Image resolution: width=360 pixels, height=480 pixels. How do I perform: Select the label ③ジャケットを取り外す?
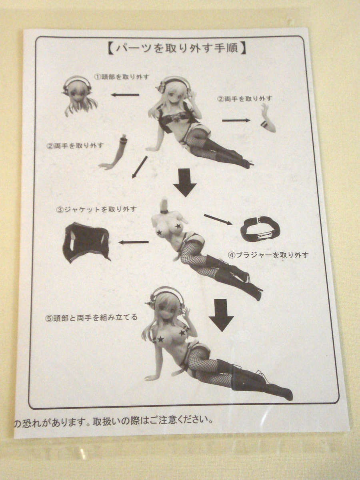(96, 209)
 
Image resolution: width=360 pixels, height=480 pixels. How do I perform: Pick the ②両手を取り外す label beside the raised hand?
(244, 99)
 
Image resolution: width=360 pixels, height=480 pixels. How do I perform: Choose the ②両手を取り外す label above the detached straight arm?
(75, 146)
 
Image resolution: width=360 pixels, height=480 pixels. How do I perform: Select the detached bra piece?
(260, 229)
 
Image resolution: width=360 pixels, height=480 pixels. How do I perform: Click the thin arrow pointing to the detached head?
(125, 95)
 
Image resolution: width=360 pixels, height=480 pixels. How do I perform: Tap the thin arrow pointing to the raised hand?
(236, 120)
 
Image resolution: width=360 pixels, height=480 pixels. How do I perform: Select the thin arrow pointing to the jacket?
(134, 242)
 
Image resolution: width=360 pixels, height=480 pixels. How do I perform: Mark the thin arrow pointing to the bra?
(218, 220)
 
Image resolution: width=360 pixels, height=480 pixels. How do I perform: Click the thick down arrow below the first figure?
(185, 182)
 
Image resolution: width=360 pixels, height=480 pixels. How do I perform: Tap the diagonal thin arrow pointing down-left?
(140, 167)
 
